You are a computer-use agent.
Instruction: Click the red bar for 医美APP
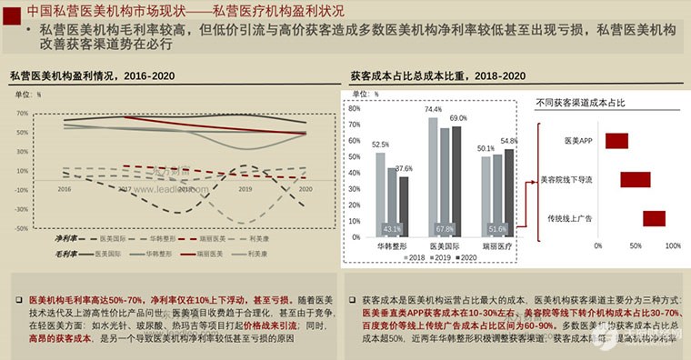tap(616, 141)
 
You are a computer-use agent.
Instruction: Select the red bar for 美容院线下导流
tap(635, 179)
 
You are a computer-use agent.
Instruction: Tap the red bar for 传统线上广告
tap(654, 218)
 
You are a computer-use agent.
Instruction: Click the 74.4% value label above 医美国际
tap(434, 110)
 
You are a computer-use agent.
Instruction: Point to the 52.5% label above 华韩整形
tap(380, 145)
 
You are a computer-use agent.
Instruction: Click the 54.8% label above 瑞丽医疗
tap(508, 142)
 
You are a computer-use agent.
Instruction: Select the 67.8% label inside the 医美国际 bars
tap(445, 229)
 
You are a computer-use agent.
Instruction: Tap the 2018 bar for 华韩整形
tap(380, 195)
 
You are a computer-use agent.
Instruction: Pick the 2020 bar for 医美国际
tap(456, 181)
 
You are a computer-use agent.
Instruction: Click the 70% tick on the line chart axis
tap(23, 114)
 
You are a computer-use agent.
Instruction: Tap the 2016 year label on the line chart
tap(65, 189)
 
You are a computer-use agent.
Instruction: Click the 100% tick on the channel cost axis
tap(673, 245)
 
